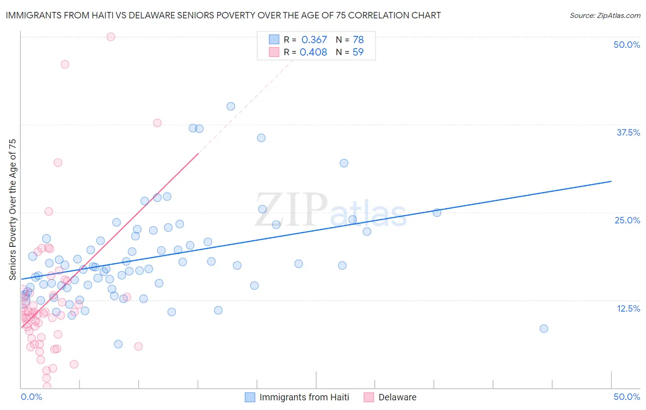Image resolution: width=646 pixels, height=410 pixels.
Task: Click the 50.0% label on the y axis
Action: click(627, 45)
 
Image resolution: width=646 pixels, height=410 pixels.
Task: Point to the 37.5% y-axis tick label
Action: click(628, 132)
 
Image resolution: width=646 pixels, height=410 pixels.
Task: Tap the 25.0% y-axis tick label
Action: click(627, 220)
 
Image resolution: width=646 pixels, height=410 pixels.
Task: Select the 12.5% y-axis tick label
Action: click(628, 308)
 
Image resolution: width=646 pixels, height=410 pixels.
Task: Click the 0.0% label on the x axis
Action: click(31, 397)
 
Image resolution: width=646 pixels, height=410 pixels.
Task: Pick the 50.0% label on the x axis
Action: click(627, 397)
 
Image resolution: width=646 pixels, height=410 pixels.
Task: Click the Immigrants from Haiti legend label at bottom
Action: click(304, 397)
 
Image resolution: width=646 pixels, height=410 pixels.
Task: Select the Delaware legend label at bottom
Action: click(397, 397)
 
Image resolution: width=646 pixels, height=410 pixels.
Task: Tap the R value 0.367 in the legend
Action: click(314, 40)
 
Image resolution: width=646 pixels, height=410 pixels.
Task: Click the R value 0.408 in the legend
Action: click(313, 52)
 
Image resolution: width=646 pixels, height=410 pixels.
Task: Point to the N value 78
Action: click(358, 40)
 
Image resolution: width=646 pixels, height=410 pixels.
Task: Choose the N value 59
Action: click(358, 52)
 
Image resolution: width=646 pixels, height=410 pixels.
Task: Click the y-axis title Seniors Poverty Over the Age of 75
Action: click(12, 209)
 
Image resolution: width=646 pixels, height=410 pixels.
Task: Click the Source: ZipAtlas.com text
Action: click(605, 16)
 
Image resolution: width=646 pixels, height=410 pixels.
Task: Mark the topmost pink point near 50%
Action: click(111, 37)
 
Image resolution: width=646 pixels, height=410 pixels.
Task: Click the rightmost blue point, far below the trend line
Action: click(544, 329)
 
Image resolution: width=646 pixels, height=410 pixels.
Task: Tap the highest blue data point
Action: click(231, 106)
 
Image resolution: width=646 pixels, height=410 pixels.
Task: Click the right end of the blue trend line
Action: click(611, 181)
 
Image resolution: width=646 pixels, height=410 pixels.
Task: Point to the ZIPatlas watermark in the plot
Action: click(331, 211)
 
